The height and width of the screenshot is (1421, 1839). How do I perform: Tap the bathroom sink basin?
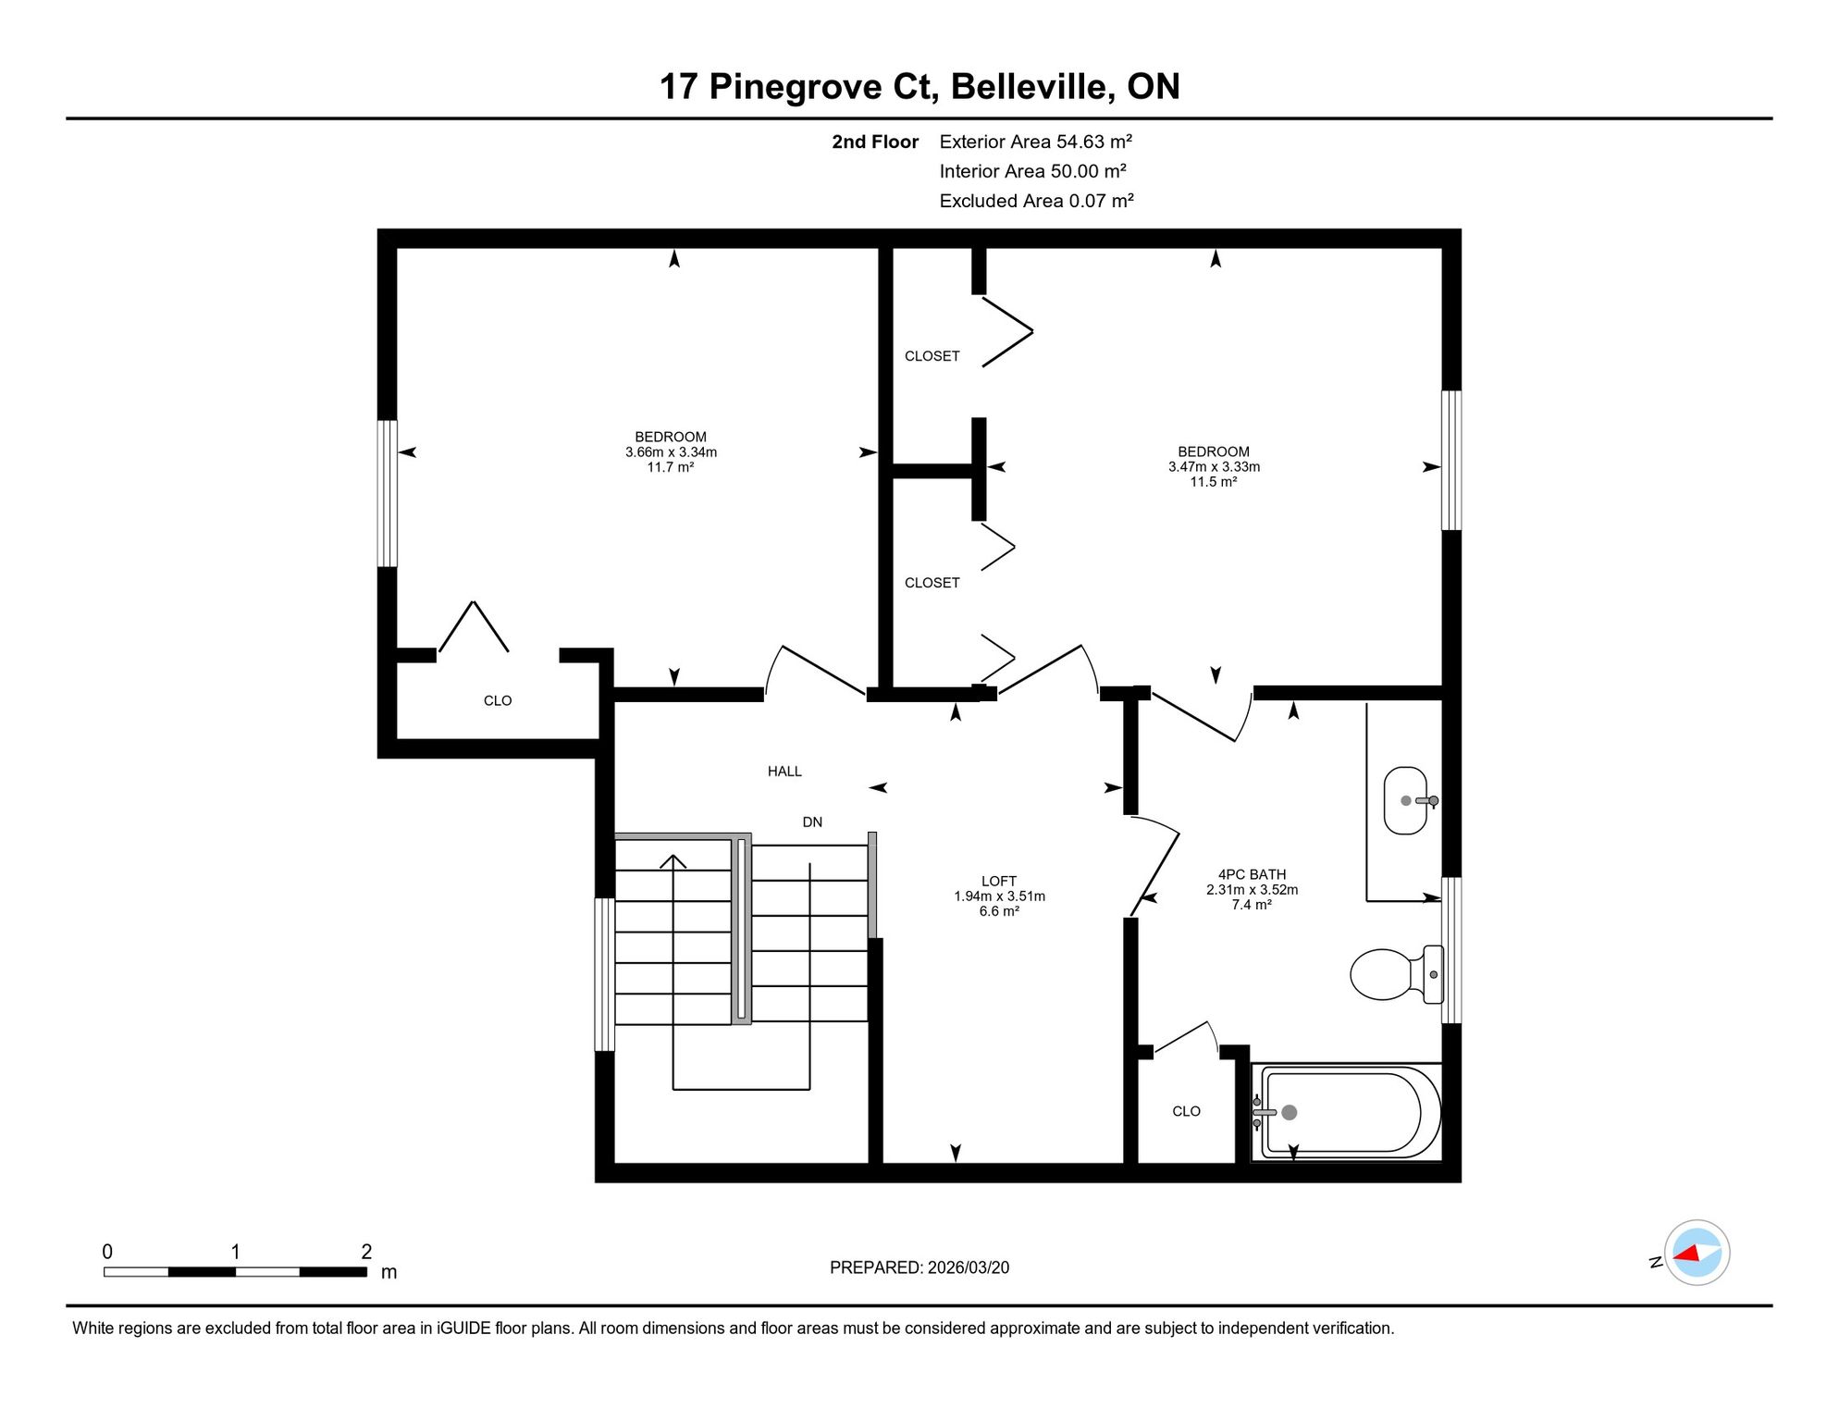click(x=1406, y=800)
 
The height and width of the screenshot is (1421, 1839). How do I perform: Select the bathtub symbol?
click(x=1347, y=1113)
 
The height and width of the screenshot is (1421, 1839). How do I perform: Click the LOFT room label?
click(x=999, y=882)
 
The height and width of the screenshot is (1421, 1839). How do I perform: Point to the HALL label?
click(x=784, y=772)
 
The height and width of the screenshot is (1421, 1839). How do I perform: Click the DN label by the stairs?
click(x=812, y=822)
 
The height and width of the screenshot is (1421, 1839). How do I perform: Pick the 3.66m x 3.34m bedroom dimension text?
click(x=671, y=452)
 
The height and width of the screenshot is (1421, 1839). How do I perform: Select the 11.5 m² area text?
click(x=1214, y=482)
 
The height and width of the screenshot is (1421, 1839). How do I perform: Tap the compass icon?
click(x=1697, y=1253)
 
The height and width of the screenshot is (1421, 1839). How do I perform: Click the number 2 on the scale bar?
click(x=366, y=1252)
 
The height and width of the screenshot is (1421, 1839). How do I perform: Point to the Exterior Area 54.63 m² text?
click(x=1036, y=142)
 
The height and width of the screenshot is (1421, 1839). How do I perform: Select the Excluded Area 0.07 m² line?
click(x=1037, y=201)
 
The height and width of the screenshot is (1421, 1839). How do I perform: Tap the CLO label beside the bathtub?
click(x=1186, y=1111)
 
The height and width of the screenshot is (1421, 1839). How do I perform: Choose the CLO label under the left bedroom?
click(x=498, y=700)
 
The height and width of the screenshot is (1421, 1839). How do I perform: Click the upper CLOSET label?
click(x=932, y=356)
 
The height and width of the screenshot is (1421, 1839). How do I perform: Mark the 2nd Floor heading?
click(x=875, y=142)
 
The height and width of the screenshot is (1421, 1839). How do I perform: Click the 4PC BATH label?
click(x=1252, y=874)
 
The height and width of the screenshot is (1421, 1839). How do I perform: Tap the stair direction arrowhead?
click(x=673, y=860)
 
